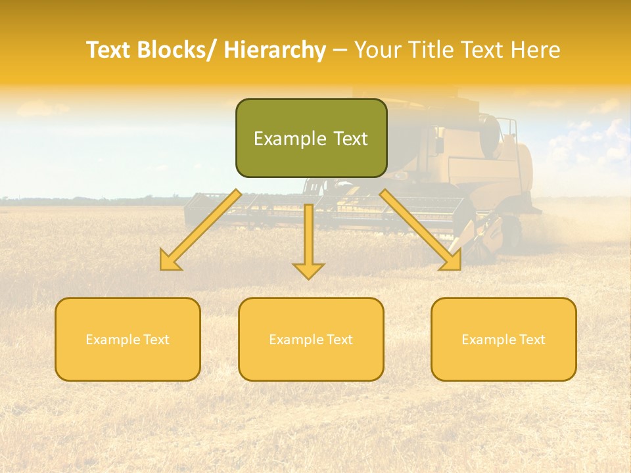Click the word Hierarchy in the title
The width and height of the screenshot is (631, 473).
tap(274, 50)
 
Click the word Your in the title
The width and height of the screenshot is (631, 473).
tap(377, 50)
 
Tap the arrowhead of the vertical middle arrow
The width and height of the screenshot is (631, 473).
tap(308, 270)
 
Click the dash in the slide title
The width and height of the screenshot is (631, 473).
tap(340, 51)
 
